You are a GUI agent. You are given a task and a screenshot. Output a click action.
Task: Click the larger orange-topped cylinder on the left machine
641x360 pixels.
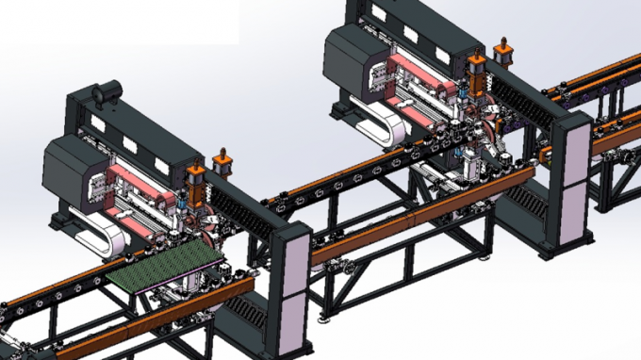pyautogui.click(x=195, y=183)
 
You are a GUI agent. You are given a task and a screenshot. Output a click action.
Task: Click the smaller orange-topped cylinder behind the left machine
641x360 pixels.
pyautogui.click(x=223, y=162)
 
